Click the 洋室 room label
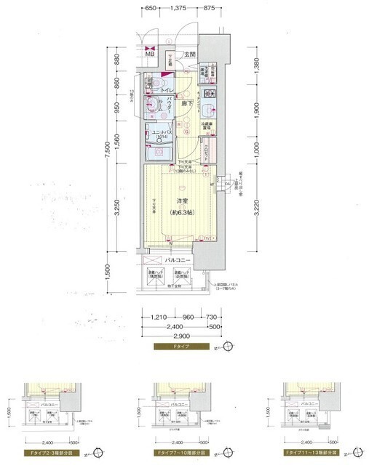[x=178, y=201]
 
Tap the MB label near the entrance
[x=149, y=53]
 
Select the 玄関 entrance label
[x=189, y=54]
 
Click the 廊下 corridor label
[x=189, y=106]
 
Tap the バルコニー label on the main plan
[x=178, y=259]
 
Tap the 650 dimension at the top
[x=150, y=8]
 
